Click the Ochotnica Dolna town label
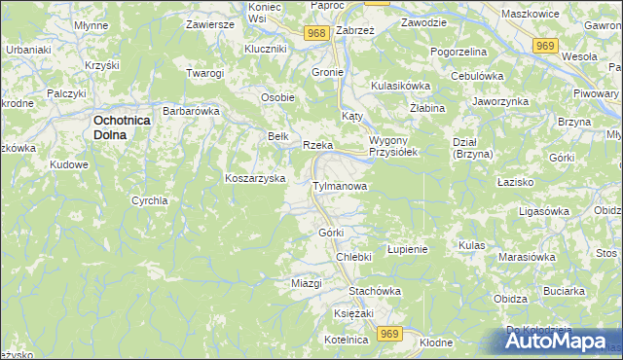(x=122, y=126)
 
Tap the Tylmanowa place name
(x=339, y=185)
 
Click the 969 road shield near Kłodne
(x=390, y=334)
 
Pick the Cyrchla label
(x=150, y=200)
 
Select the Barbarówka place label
(x=192, y=111)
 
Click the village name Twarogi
(x=204, y=74)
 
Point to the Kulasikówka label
(x=400, y=86)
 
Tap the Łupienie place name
(x=408, y=249)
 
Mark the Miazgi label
(x=307, y=283)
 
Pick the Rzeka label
(x=318, y=145)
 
